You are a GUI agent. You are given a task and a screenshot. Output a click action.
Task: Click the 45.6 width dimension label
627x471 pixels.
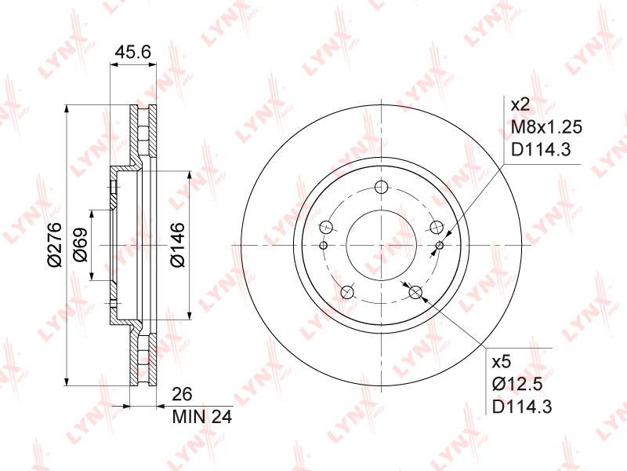pos(132,52)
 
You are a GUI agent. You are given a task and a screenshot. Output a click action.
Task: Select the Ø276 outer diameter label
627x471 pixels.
pos(54,244)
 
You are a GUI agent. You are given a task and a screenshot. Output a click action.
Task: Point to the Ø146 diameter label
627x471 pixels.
pos(178,245)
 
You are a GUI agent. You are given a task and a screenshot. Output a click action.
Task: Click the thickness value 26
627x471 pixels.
pos(182,395)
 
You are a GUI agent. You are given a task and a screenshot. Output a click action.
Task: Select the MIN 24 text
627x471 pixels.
pos(202,418)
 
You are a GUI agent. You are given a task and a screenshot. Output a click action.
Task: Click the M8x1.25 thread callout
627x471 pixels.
pos(546,127)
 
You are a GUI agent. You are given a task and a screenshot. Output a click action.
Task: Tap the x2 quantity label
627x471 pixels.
pos(520,105)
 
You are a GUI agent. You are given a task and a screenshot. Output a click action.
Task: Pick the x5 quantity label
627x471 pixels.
pos(502,362)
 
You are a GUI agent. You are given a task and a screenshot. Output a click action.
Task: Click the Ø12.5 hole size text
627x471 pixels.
pos(517,385)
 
